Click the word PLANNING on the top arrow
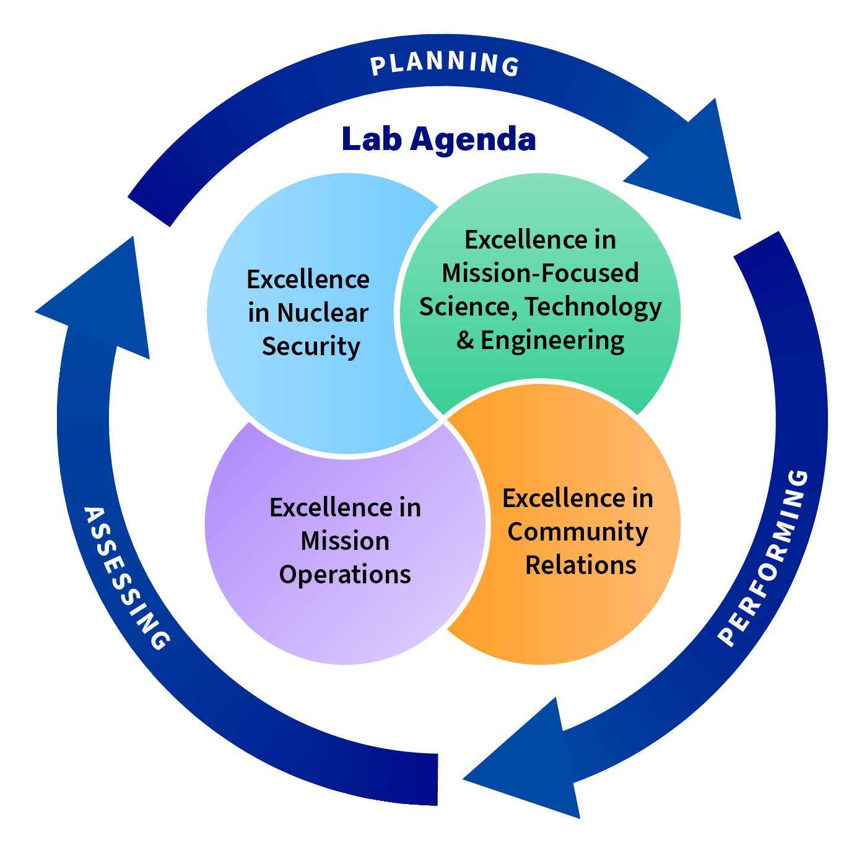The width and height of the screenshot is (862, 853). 445,63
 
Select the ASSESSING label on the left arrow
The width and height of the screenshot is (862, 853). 126,578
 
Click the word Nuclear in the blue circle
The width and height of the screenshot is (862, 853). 322,313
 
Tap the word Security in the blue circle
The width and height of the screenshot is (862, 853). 311,347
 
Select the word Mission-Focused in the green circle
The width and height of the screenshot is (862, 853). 540,273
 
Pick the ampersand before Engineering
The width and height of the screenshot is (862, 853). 465,340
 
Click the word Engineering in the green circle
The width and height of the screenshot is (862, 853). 552,341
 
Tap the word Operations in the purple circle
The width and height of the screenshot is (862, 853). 345,575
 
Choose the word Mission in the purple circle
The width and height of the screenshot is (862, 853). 345,541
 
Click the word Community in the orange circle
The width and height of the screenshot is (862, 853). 578,532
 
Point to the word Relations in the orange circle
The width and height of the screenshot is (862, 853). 581,565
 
